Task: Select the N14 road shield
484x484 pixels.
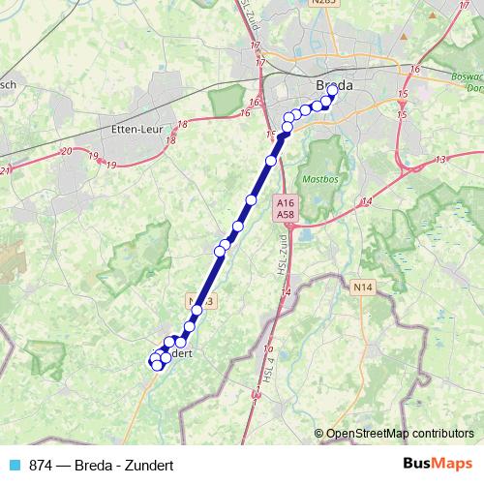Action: point(363,287)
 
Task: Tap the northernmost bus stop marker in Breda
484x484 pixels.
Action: point(333,90)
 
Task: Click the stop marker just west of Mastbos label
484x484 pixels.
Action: point(271,160)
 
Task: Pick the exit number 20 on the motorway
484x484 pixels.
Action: point(66,151)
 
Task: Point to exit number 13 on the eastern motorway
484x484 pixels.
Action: point(441,159)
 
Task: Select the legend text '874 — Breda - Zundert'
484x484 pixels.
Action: point(93,465)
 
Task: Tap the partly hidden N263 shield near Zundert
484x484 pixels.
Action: point(197,301)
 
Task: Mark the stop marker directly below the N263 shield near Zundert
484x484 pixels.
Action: point(197,310)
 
